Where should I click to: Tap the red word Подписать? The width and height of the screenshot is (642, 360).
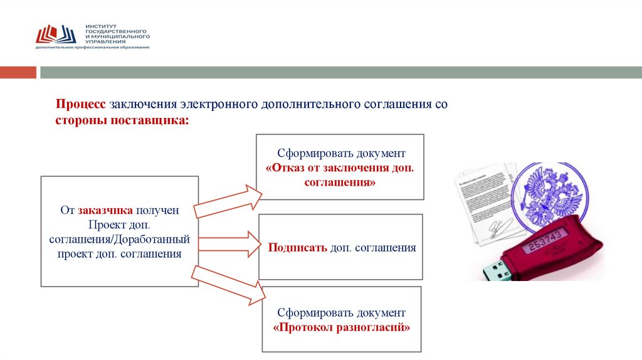(x=298, y=248)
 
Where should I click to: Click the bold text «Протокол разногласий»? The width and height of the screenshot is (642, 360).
(x=342, y=327)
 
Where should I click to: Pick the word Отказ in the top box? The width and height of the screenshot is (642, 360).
(x=291, y=169)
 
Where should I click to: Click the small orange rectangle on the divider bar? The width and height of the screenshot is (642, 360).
(x=18, y=73)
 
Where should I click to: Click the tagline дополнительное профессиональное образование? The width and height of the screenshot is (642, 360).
(x=92, y=48)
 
